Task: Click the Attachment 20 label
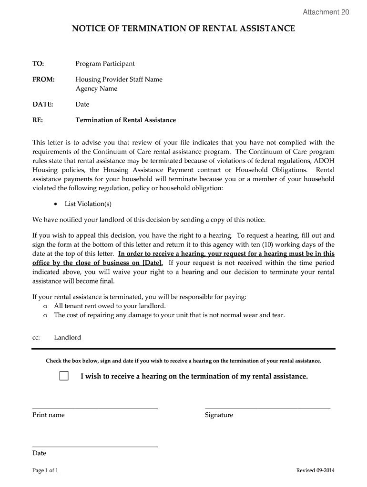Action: pyautogui.click(x=326, y=12)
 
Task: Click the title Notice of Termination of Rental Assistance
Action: pyautogui.click(x=183, y=29)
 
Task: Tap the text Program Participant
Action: pyautogui.click(x=105, y=64)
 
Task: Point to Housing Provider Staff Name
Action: pyautogui.click(x=119, y=79)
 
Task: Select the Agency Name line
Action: pyautogui.click(x=96, y=88)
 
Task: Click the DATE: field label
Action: pyautogui.click(x=42, y=104)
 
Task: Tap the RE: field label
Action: pyautogui.click(x=38, y=120)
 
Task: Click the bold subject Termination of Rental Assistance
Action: pyautogui.click(x=125, y=120)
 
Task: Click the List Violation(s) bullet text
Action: pyautogui.click(x=88, y=204)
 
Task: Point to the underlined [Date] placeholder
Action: pyautogui.click(x=153, y=263)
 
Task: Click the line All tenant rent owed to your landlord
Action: pyautogui.click(x=110, y=306)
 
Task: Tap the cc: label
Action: pyautogui.click(x=36, y=337)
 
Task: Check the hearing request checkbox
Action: pyautogui.click(x=64, y=376)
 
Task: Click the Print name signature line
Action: pyautogui.click(x=95, y=408)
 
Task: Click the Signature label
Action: pyautogui.click(x=219, y=415)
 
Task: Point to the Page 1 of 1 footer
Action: pyautogui.click(x=45, y=470)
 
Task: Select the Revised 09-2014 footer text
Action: pyautogui.click(x=315, y=470)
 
